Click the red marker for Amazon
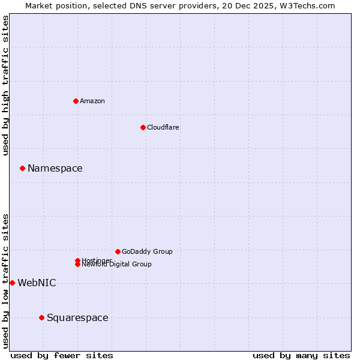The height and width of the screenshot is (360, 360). [x=76, y=101]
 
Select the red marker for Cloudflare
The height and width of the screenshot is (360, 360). [x=143, y=127]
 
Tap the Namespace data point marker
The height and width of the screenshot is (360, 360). [x=22, y=168]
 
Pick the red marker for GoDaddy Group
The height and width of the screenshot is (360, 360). [x=118, y=251]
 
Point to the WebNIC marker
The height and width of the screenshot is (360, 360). [x=12, y=283]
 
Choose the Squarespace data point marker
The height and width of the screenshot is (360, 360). [x=41, y=317]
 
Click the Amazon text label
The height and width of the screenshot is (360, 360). [x=92, y=101]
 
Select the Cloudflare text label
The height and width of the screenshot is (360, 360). [x=163, y=127]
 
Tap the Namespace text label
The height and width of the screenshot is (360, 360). [x=55, y=169]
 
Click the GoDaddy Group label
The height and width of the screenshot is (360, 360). [x=147, y=252]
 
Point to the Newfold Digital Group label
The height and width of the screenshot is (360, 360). [x=117, y=265]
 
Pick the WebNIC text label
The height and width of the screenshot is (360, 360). [x=37, y=283]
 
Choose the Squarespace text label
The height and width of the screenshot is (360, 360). [x=77, y=318]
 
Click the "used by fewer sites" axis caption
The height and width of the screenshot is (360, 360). [x=62, y=355]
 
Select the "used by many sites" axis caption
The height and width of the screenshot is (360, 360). [x=301, y=355]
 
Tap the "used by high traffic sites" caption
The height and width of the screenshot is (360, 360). [x=6, y=85]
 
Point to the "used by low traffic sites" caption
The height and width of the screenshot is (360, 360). [x=6, y=280]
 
